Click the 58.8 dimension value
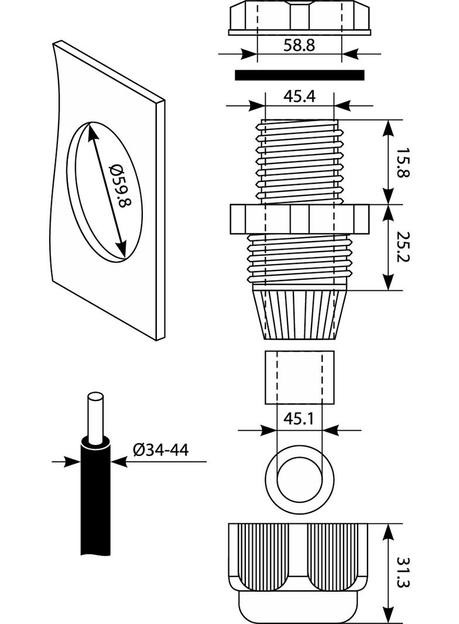[299, 45]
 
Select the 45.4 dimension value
[299, 97]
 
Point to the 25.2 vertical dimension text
[402, 247]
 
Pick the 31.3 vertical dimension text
[402, 572]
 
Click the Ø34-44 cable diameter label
[160, 450]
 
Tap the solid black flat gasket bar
[299, 75]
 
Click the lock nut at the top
[299, 18]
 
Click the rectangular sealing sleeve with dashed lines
[299, 377]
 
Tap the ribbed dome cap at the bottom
[299, 571]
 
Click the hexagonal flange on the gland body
[299, 219]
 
